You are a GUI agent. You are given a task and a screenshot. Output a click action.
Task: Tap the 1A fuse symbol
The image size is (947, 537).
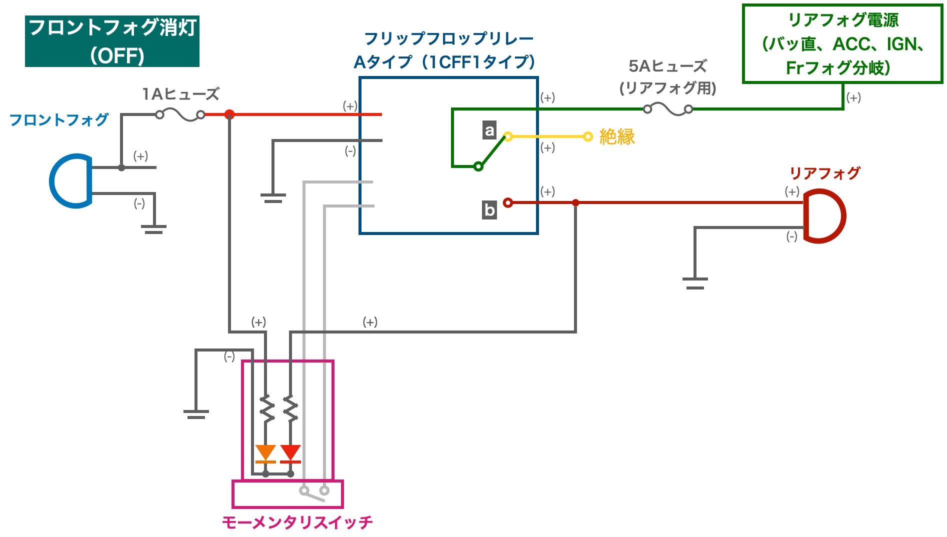(x=180, y=115)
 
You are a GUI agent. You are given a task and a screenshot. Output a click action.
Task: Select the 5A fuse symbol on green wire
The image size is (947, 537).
(x=668, y=109)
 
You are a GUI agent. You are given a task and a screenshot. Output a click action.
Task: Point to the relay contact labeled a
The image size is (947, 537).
(x=508, y=136)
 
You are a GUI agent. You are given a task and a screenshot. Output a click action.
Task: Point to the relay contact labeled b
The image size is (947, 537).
(x=508, y=202)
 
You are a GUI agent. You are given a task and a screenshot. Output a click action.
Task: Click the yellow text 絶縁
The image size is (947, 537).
(x=617, y=136)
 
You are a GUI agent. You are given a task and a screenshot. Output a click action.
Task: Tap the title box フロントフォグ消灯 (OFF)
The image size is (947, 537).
(x=112, y=41)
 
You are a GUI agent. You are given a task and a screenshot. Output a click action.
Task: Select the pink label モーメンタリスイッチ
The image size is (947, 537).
(x=297, y=522)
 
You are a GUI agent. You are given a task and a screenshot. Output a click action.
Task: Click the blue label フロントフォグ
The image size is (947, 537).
(x=59, y=120)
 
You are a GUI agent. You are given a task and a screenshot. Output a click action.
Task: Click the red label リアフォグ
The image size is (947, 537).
(x=825, y=173)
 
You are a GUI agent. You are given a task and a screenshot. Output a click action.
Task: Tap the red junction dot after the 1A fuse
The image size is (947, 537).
(x=229, y=114)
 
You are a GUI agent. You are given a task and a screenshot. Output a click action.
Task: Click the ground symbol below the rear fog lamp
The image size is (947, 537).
(x=695, y=283)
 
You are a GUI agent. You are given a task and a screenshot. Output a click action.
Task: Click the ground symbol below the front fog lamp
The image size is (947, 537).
(x=153, y=229)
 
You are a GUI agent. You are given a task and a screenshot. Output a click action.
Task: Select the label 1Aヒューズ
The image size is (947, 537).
(x=180, y=94)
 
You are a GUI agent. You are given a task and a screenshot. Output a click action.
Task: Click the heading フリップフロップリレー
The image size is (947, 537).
(x=448, y=38)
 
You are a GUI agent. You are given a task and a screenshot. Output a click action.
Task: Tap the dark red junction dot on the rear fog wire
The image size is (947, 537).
(x=575, y=202)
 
